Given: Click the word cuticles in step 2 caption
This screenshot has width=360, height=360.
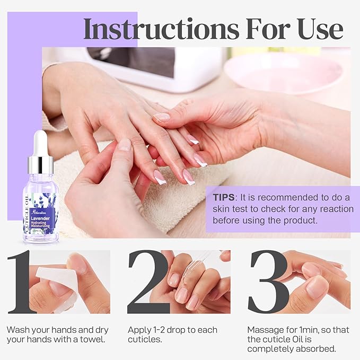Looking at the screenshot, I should pos(144,339).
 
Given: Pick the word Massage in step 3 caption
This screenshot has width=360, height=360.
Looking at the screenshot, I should pos(265,329).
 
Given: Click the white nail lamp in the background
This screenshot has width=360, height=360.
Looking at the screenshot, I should pos(159,66).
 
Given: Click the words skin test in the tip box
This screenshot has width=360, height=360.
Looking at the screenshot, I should pos(231,209).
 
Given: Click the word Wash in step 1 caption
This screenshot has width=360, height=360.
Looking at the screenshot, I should pos(17,329).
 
